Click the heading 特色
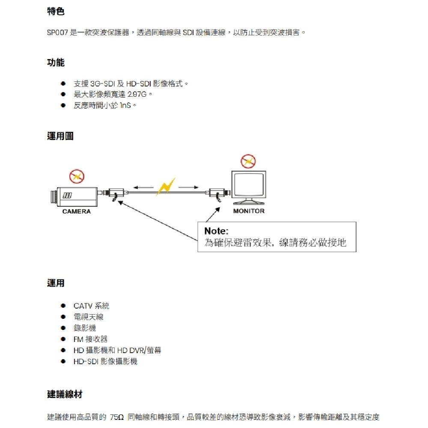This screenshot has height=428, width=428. click(x=56, y=12)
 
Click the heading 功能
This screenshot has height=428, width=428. click(x=56, y=63)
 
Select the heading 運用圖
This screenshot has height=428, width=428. click(x=60, y=136)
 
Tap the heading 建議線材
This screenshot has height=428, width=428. click(x=64, y=395)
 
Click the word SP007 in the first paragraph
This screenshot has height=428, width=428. click(x=57, y=33)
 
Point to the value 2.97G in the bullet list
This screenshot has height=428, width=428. click(x=134, y=94)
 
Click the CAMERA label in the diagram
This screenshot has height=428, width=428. click(x=76, y=211)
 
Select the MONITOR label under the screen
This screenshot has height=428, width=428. click(x=249, y=211)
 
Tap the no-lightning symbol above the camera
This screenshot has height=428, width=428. click(x=77, y=176)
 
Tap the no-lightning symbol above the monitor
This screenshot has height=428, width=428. click(x=248, y=161)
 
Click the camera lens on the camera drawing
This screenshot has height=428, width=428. click(x=53, y=196)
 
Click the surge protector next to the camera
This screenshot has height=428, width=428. click(x=116, y=193)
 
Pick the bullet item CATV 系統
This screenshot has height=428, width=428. click(x=91, y=306)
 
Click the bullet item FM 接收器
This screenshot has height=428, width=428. click(x=90, y=339)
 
